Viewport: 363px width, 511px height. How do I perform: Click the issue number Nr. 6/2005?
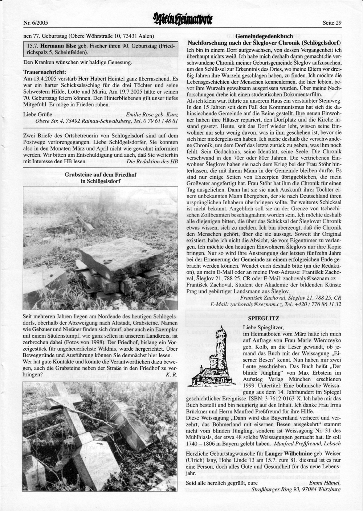click(x=35, y=23)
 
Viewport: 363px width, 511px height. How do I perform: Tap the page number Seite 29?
click(x=332, y=23)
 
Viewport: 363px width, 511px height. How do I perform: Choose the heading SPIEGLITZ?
click(x=263, y=318)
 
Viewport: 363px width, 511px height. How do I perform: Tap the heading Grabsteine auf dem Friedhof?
click(x=100, y=175)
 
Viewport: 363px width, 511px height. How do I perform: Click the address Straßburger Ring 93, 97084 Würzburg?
click(x=296, y=489)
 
